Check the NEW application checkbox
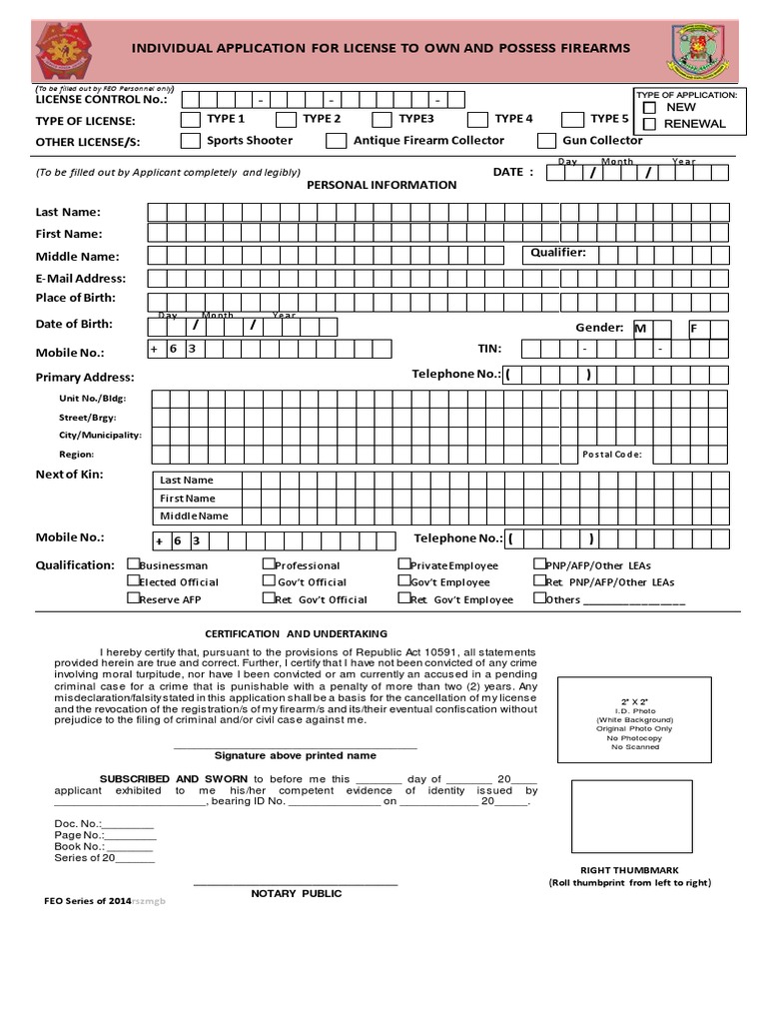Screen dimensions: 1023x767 click(x=649, y=107)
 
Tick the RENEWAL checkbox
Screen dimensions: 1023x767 click(x=649, y=124)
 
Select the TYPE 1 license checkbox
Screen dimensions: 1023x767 click(x=190, y=119)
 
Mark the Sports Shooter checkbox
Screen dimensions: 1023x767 click(x=190, y=141)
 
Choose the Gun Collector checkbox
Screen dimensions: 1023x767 click(x=546, y=141)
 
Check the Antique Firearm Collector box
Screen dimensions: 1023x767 click(x=336, y=141)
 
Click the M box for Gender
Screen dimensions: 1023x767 click(x=642, y=328)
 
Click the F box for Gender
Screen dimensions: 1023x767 click(x=696, y=328)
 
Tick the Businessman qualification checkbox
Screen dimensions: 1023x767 click(x=133, y=564)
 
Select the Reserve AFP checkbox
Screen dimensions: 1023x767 click(x=133, y=598)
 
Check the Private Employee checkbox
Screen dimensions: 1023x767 click(x=404, y=564)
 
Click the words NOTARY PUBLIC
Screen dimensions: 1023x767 click(x=296, y=893)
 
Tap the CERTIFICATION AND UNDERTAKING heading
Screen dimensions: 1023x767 click(x=296, y=633)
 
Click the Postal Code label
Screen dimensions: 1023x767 click(x=612, y=455)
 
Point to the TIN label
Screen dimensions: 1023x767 click(x=489, y=349)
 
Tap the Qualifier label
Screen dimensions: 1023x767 click(x=558, y=253)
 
